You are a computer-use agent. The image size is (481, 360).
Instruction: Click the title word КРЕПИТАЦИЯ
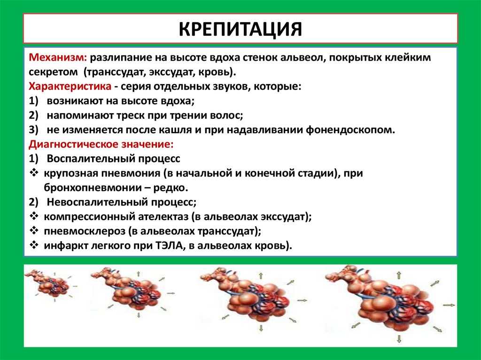pyautogui.click(x=240, y=29)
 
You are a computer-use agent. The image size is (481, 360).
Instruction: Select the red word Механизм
pyautogui.click(x=58, y=57)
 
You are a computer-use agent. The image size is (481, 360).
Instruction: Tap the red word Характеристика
pyautogui.click(x=70, y=86)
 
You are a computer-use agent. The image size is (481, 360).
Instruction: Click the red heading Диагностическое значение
pyautogui.click(x=101, y=144)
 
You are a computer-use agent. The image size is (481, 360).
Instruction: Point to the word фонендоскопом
pyautogui.click(x=350, y=130)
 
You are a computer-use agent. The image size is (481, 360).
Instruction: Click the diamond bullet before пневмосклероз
pyautogui.click(x=34, y=230)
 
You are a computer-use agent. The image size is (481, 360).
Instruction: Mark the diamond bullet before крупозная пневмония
pyautogui.click(x=34, y=173)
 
